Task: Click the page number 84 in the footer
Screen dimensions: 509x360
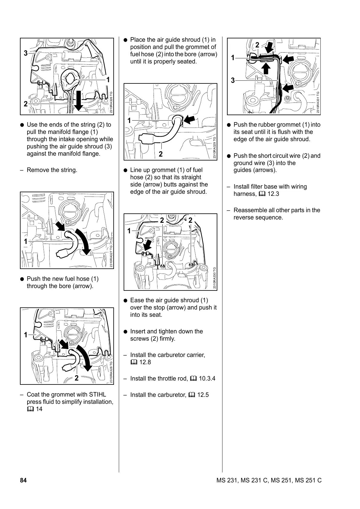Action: point(23,480)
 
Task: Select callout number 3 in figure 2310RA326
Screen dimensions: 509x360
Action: point(26,53)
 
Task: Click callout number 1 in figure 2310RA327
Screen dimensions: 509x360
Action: point(26,242)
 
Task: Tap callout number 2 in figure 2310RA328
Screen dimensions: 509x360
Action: point(76,378)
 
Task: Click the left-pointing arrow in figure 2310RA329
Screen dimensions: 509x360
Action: point(189,120)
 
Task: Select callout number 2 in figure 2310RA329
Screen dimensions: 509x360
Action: point(161,154)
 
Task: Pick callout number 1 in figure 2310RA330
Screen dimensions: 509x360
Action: point(129,231)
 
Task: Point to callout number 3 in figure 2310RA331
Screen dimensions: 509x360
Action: point(233,80)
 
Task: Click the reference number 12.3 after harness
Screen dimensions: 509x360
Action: point(273,194)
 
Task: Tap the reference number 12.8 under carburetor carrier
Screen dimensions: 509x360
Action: point(145,362)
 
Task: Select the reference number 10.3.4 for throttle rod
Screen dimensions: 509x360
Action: point(207,378)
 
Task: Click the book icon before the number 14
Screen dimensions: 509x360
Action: point(30,409)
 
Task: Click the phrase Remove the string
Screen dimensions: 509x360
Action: point(52,170)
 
